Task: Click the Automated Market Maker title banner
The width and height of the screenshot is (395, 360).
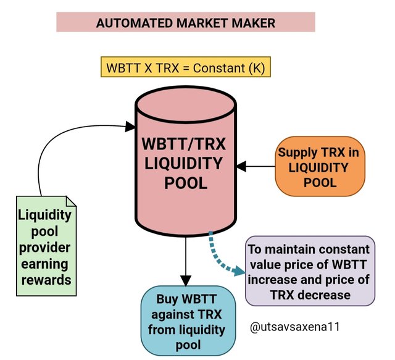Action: click(186, 23)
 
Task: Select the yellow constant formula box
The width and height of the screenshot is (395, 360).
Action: click(186, 67)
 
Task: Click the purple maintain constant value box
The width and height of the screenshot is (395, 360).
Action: click(310, 272)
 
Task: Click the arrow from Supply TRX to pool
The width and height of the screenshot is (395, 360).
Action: click(257, 165)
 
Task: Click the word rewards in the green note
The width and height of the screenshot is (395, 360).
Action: click(44, 280)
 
